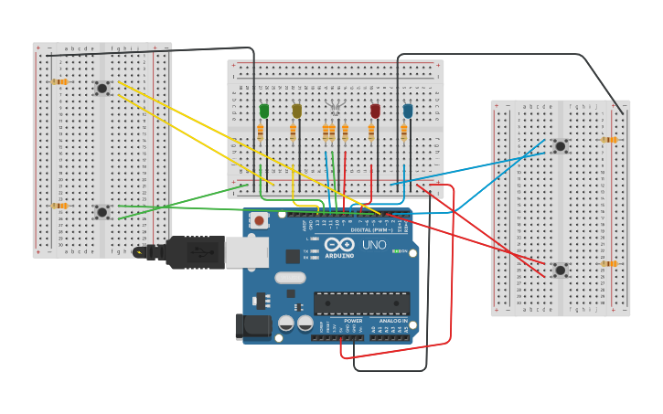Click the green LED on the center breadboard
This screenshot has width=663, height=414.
pyautogui.click(x=264, y=111)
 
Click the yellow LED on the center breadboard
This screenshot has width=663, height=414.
pyautogui.click(x=296, y=111)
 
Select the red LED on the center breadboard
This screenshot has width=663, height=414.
pyautogui.click(x=375, y=111)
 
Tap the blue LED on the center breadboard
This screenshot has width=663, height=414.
pyautogui.click(x=408, y=111)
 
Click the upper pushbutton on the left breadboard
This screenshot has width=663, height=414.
pyautogui.click(x=102, y=88)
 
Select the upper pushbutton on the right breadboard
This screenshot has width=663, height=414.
pyautogui.click(x=560, y=145)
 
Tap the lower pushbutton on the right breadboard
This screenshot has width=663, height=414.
pyautogui.click(x=560, y=270)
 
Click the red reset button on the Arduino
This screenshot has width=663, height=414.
pyautogui.click(x=260, y=220)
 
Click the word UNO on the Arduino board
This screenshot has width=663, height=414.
pyautogui.click(x=374, y=245)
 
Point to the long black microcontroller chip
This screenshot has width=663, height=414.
pyautogui.click(x=361, y=303)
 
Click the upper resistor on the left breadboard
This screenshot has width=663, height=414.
pyautogui.click(x=59, y=81)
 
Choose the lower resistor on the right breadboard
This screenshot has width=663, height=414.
pyautogui.click(x=608, y=263)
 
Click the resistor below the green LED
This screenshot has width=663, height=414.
pyautogui.click(x=261, y=133)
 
